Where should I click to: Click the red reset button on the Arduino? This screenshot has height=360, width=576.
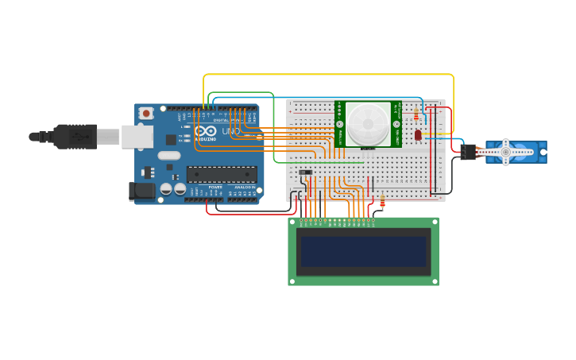(146, 114)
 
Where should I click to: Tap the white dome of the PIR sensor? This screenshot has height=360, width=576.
(368, 123)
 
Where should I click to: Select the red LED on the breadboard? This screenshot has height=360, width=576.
(418, 135)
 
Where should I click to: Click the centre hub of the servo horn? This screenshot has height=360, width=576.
(505, 152)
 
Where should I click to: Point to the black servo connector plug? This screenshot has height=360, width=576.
(468, 151)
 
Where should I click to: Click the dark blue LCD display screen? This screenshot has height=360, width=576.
(363, 252)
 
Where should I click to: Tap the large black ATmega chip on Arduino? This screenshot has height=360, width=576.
(222, 175)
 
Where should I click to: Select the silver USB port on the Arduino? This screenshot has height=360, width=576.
(137, 137)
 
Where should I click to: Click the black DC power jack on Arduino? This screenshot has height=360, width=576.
(141, 191)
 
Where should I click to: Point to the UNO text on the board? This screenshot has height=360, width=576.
(230, 131)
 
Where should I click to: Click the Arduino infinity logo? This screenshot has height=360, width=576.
(205, 131)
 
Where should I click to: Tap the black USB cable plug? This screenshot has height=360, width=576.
(75, 137)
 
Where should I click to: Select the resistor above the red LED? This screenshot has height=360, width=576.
(416, 115)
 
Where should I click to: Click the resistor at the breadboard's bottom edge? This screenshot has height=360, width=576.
(382, 203)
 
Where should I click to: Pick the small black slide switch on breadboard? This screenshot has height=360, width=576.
(305, 172)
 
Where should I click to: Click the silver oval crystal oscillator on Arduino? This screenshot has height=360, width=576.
(169, 156)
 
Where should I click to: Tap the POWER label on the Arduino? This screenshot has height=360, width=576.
(215, 188)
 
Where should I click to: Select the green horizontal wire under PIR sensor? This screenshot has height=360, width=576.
(318, 163)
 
